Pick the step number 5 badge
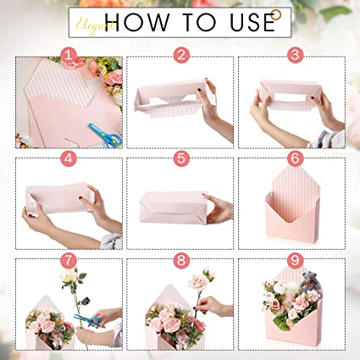click(x=180, y=158)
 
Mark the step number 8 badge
click(x=180, y=260)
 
